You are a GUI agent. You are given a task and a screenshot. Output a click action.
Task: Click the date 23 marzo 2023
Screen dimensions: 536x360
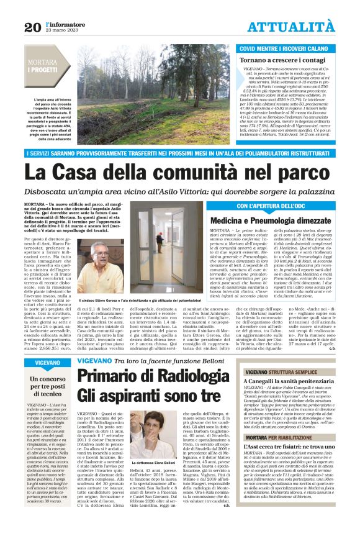point(60,30)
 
